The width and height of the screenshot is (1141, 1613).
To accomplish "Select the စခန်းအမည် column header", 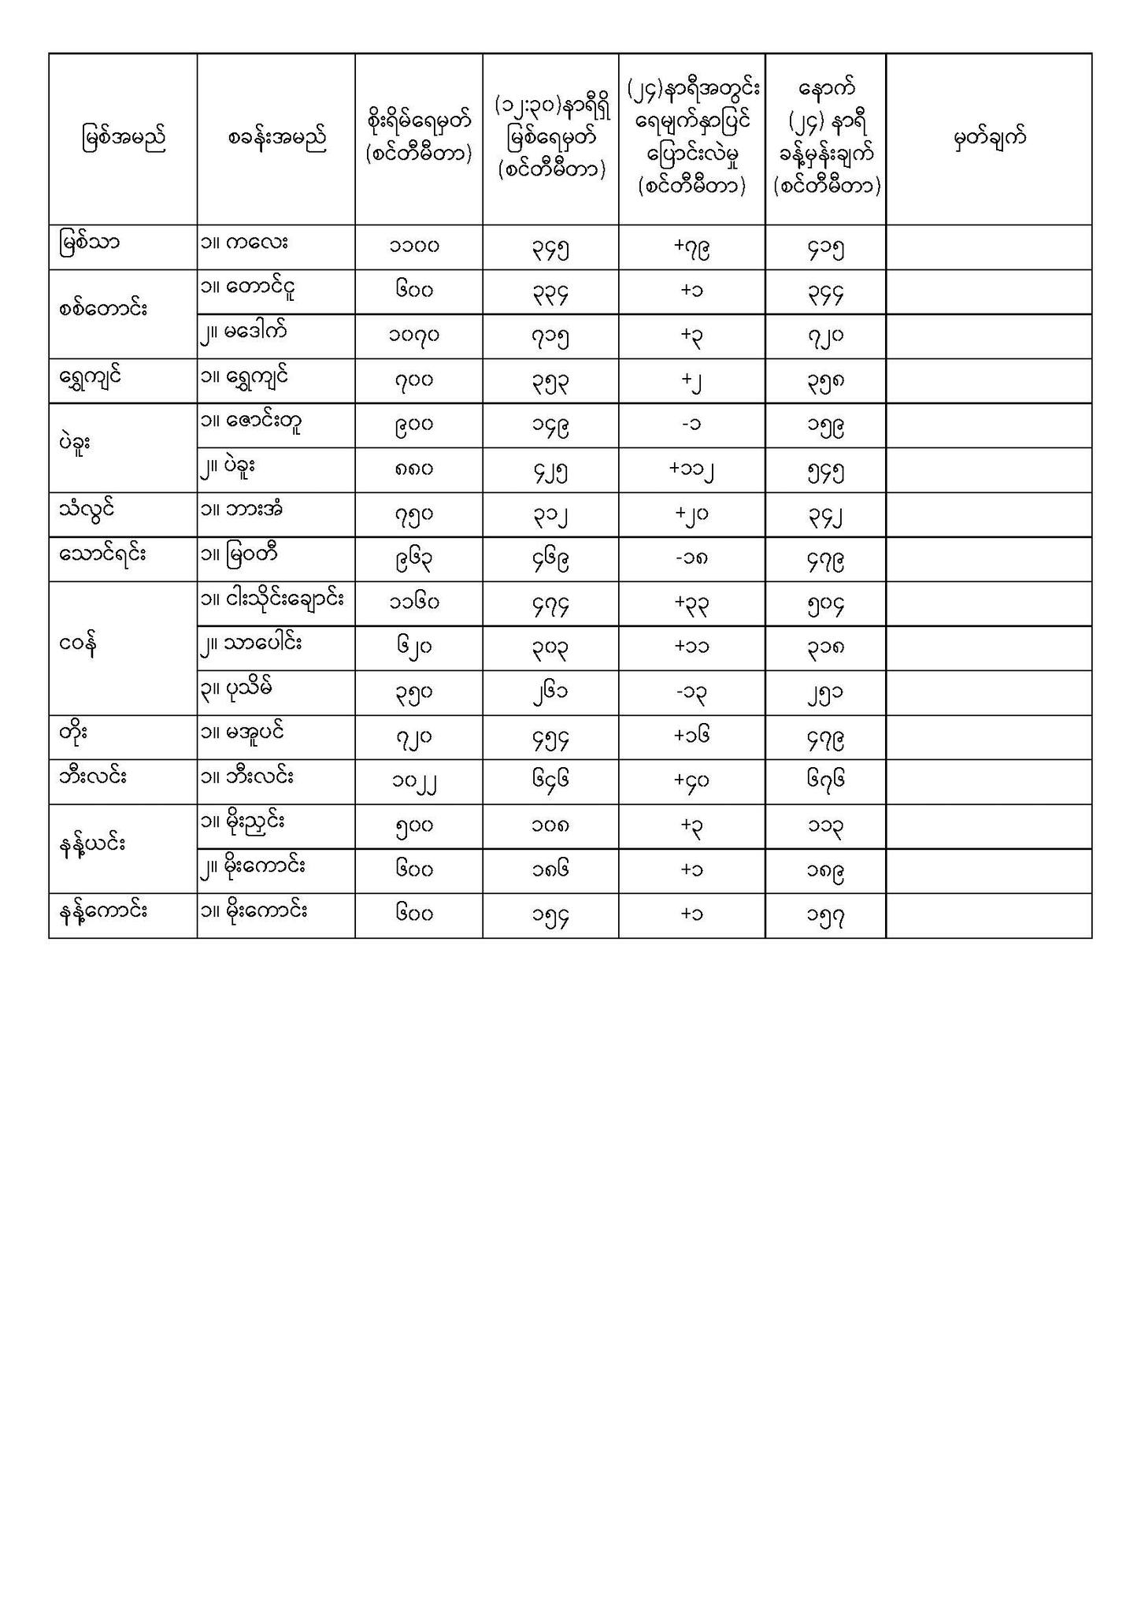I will (x=276, y=139).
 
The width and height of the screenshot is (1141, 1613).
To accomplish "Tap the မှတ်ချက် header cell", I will (x=989, y=139).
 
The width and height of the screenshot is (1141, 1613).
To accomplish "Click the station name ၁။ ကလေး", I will (x=243, y=242).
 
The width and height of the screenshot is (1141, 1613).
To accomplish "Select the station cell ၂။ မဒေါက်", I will (x=243, y=331).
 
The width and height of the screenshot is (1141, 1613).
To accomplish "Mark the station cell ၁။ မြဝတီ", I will (x=240, y=554).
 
